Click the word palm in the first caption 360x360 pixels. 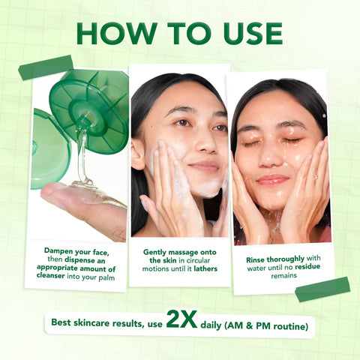coord(105,277)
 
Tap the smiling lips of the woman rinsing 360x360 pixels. coord(273,179)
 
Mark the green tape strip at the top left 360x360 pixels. coord(46,67)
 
